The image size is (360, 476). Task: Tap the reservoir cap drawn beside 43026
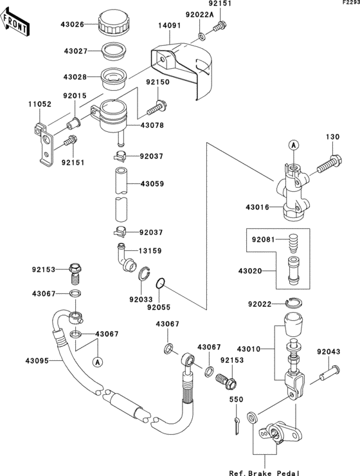point(114,24)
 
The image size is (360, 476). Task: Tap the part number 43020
point(261,271)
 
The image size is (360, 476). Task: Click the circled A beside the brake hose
point(98,362)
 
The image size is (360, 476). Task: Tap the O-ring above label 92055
point(163,282)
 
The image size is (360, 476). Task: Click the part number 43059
point(149,184)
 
